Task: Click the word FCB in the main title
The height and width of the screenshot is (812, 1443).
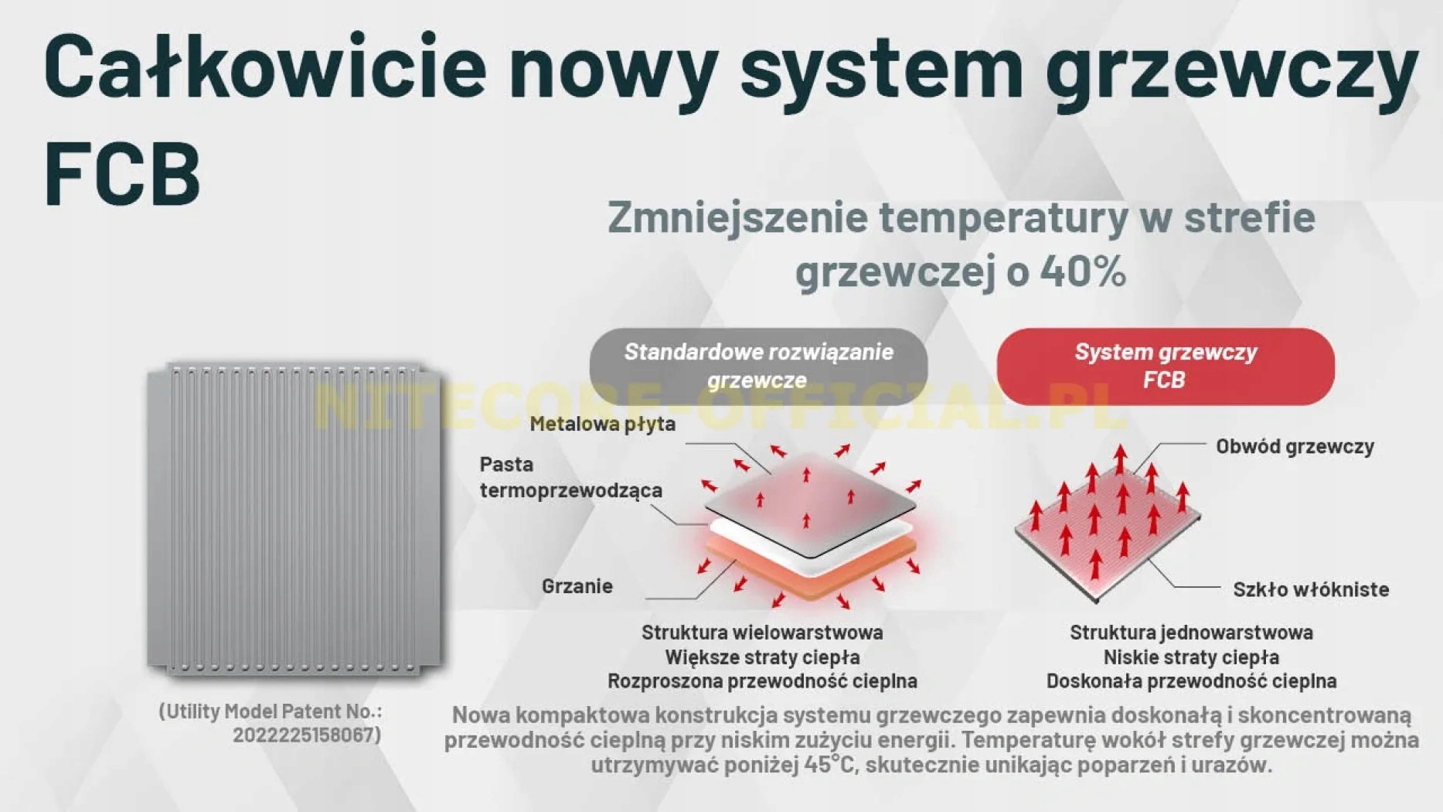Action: click(123, 172)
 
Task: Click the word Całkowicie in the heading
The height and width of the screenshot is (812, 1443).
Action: click(265, 67)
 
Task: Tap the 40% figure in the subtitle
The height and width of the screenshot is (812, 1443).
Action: click(1083, 271)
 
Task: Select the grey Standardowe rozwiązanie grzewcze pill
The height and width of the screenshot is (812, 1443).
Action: click(758, 366)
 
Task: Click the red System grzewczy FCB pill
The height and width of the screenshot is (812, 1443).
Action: click(1166, 366)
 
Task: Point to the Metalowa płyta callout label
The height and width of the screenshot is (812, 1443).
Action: click(603, 424)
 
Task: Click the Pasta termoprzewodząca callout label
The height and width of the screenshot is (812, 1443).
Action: click(571, 477)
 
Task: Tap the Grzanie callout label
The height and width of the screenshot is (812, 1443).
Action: click(577, 586)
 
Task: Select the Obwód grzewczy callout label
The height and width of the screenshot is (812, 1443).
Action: click(1295, 446)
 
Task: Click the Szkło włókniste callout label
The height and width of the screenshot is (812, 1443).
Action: click(1311, 589)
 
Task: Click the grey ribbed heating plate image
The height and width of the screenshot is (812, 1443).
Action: click(294, 519)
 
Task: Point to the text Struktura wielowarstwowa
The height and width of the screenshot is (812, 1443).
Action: click(762, 633)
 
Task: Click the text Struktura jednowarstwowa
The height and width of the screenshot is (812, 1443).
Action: click(1191, 633)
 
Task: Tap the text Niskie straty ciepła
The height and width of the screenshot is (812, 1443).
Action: click(1191, 657)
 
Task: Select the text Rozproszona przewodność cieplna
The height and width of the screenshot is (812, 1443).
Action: click(762, 681)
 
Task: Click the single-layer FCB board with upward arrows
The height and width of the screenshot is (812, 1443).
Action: click(1107, 534)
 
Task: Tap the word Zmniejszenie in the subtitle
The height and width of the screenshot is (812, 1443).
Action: click(737, 217)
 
